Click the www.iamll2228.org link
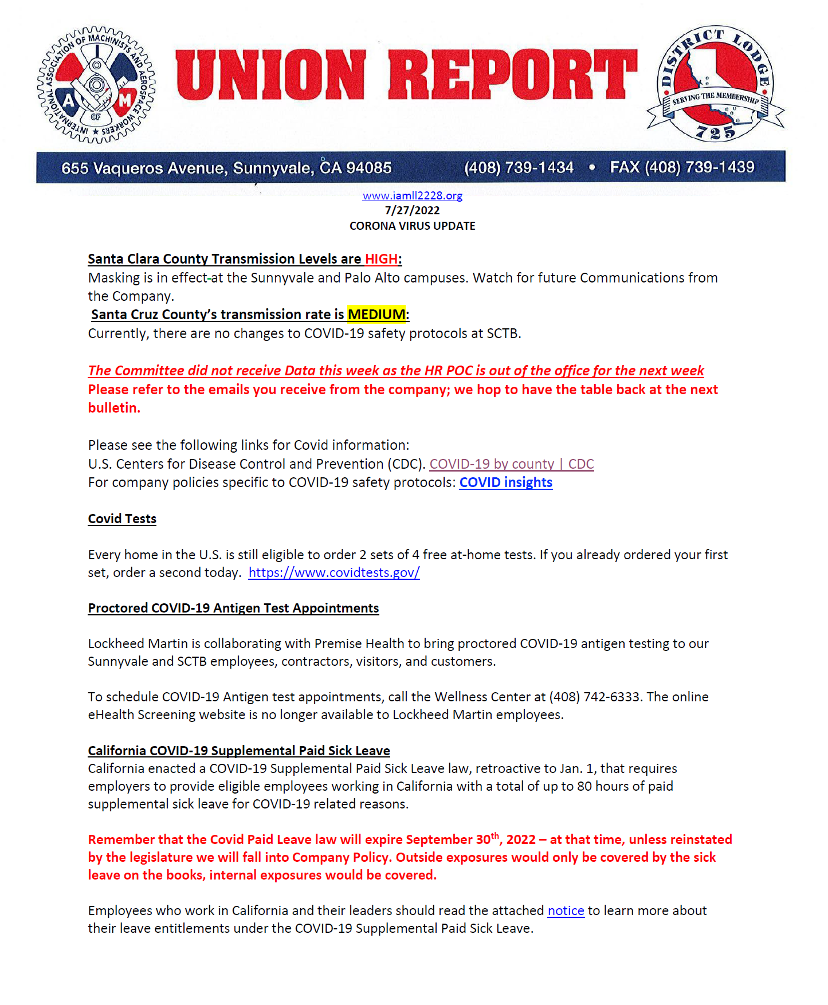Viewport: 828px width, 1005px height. click(412, 196)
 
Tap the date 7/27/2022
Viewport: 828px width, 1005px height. click(412, 210)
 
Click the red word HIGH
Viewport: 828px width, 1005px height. click(381, 259)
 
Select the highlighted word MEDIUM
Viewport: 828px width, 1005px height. click(376, 315)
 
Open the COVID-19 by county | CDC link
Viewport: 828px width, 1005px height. click(511, 464)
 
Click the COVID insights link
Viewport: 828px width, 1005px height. click(505, 482)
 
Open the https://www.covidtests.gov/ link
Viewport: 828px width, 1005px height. click(334, 572)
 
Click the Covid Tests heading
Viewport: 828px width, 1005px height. click(122, 519)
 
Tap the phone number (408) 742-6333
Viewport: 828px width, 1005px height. click(594, 697)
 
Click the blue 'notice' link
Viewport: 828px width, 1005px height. click(566, 910)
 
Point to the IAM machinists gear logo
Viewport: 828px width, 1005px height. click(96, 85)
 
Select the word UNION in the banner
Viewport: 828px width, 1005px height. click(270, 74)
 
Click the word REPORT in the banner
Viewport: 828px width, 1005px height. click(512, 74)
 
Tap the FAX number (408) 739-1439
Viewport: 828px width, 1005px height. click(700, 167)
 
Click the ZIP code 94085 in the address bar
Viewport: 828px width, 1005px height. click(368, 168)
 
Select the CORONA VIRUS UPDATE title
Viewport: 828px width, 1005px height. click(412, 226)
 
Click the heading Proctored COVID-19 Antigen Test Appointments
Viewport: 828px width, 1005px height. click(233, 608)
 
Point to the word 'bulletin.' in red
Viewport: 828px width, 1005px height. click(114, 408)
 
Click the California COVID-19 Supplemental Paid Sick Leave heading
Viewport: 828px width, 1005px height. click(239, 751)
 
